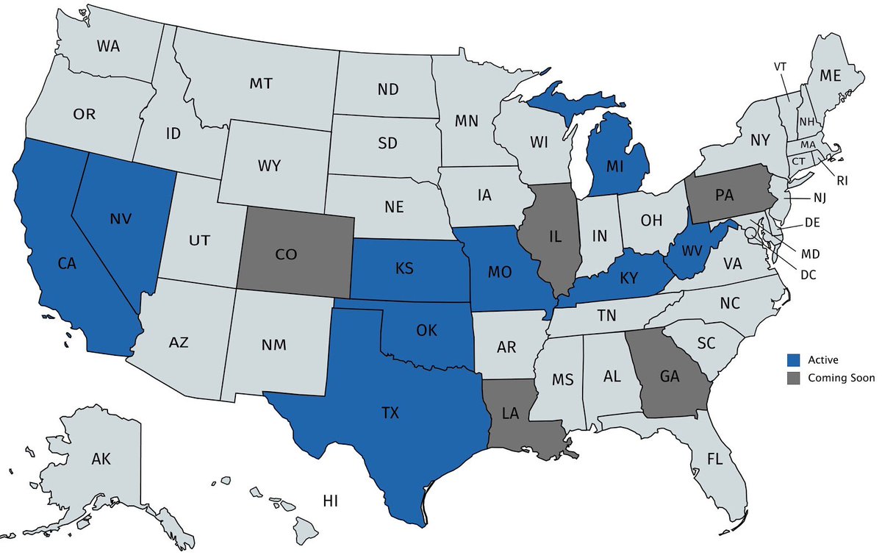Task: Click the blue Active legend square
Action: coord(793,360)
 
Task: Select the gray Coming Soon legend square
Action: coord(793,379)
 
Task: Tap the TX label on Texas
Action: coord(390,414)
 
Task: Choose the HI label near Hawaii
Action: coord(330,501)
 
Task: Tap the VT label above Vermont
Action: coord(780,66)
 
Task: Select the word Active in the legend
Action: coord(822,360)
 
